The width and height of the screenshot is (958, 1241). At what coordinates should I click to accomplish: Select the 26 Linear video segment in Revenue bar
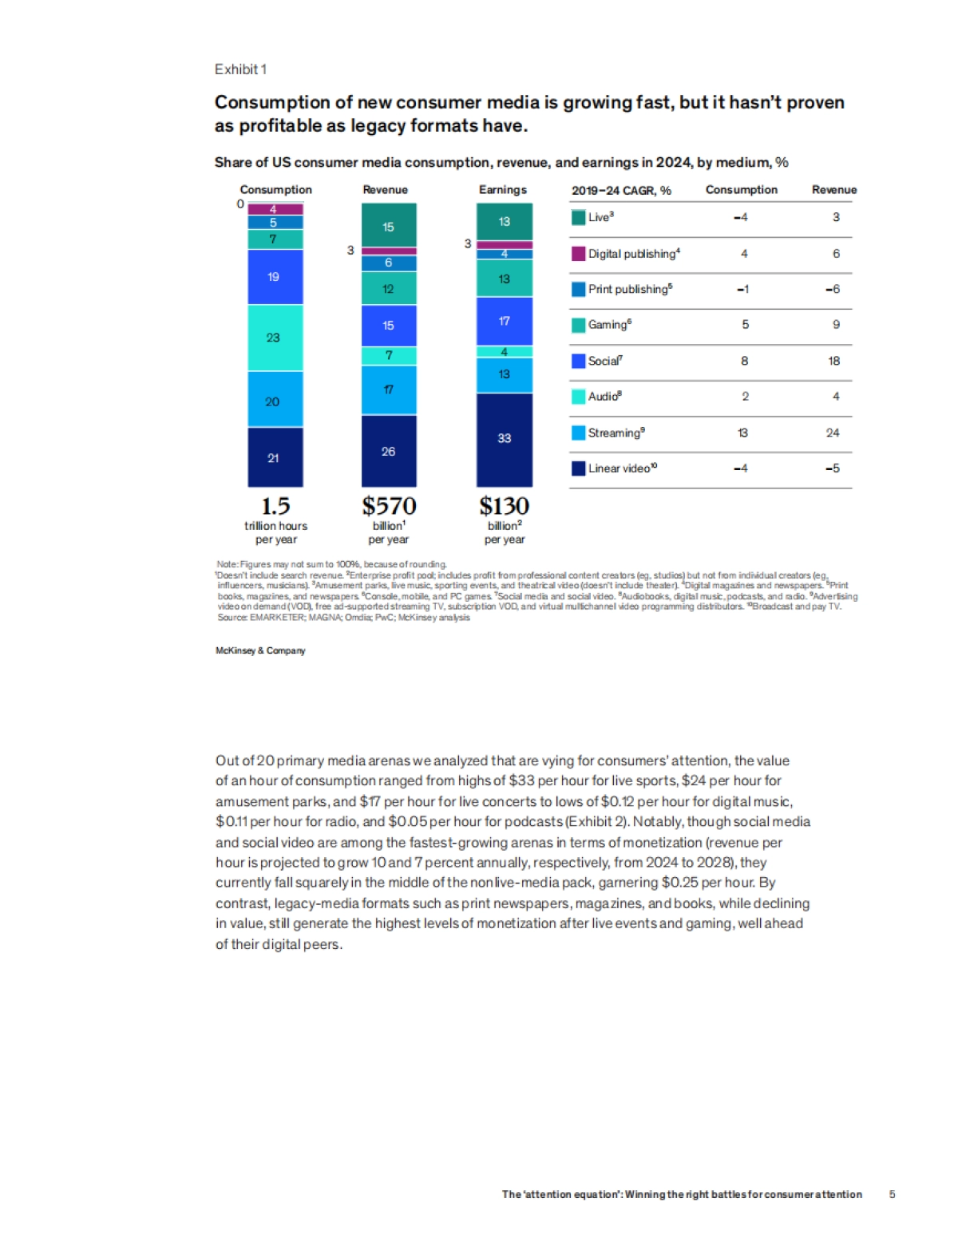[389, 451]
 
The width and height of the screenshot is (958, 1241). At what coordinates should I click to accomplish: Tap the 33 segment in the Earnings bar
[505, 439]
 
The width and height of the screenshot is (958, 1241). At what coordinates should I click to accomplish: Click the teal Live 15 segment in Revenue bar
[389, 226]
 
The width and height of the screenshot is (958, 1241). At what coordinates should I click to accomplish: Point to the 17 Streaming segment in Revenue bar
[389, 390]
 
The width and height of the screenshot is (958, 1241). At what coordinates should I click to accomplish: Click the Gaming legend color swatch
[579, 325]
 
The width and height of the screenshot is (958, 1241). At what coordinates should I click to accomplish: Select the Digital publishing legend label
[634, 254]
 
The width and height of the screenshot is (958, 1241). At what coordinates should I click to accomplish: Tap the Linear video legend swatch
[579, 468]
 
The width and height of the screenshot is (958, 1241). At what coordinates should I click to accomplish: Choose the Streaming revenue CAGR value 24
[833, 433]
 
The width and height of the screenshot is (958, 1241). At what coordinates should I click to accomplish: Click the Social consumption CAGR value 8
[744, 361]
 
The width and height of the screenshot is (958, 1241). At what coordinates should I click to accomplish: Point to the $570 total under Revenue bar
[389, 506]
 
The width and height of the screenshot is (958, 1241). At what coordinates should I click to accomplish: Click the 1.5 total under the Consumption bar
[275, 506]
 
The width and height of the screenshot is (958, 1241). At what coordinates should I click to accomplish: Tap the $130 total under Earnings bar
[504, 506]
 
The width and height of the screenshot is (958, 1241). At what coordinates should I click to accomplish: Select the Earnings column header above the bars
[503, 190]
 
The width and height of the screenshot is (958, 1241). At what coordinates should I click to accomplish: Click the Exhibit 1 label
[240, 69]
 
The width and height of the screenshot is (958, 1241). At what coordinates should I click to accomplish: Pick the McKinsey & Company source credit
[260, 650]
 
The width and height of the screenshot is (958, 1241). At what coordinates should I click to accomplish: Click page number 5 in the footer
[892, 1195]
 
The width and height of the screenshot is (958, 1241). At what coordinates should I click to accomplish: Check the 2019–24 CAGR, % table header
[621, 191]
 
